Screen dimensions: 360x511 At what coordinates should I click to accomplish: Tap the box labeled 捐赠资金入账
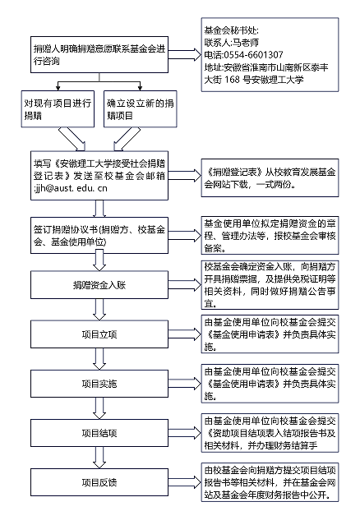coord(99,285)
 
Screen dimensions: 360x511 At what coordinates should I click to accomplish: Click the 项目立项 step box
coord(99,334)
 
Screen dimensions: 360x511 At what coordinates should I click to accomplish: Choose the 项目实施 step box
coord(99,384)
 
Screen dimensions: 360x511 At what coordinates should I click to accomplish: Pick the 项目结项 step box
coord(99,433)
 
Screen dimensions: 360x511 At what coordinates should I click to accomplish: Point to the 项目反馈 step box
coord(99,482)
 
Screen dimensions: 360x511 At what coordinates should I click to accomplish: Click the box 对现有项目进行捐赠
coord(58,108)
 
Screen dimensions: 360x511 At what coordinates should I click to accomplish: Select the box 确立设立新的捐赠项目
coord(141,108)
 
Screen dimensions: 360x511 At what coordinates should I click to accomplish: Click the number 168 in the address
coord(232,79)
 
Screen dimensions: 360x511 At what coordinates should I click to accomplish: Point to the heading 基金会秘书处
coord(230,30)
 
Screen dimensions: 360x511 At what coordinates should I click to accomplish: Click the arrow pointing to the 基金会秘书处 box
coord(185,54)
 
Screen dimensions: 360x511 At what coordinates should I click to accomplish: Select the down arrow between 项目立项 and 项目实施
coord(99,359)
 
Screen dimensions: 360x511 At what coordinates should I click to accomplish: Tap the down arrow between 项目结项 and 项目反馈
coord(99,458)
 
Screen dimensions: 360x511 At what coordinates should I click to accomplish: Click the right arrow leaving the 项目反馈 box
coord(185,482)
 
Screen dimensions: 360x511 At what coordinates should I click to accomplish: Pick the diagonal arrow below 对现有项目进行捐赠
coord(72,139)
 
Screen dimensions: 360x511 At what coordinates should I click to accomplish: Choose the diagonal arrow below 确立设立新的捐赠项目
coord(127,139)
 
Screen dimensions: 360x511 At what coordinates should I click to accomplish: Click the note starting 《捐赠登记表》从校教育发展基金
coord(270,178)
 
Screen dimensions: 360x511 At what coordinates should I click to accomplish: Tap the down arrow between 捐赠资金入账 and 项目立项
coord(99,310)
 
